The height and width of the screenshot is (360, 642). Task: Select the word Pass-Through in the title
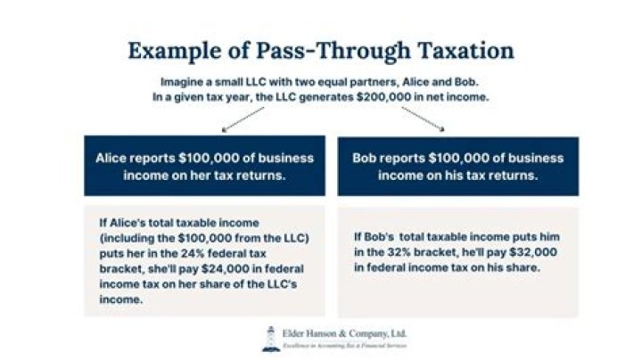317,50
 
